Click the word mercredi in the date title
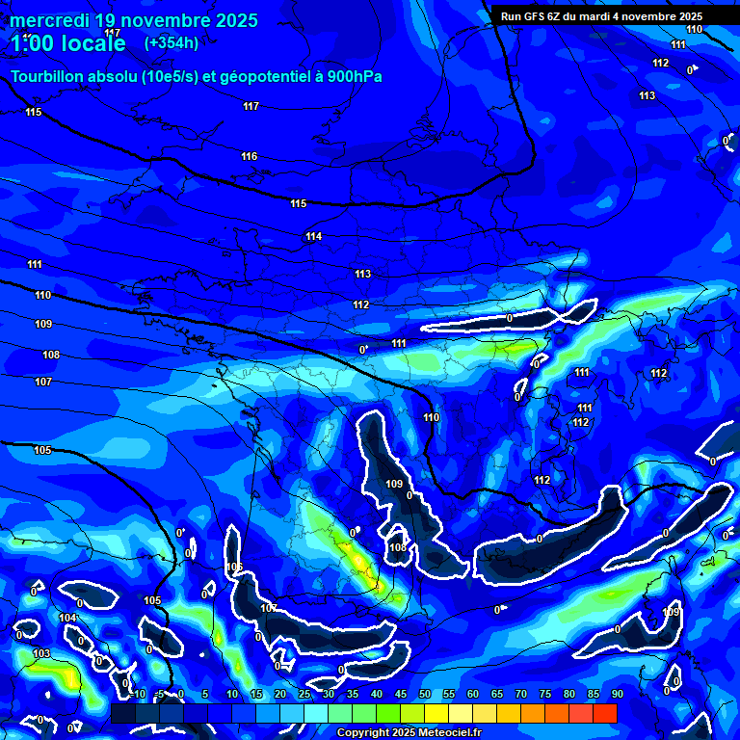(x=49, y=20)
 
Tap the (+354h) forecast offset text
(x=172, y=42)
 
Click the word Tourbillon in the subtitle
(x=48, y=77)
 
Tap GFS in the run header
(x=538, y=16)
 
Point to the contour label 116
(x=250, y=156)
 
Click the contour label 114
(x=313, y=236)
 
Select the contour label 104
(x=66, y=618)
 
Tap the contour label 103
(x=41, y=653)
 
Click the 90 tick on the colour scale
(x=617, y=695)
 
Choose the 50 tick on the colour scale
(x=424, y=695)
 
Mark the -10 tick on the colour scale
(x=138, y=695)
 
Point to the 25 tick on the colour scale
(x=304, y=695)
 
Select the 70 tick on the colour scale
(x=520, y=695)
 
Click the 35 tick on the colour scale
(x=352, y=695)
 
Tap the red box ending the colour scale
(x=604, y=713)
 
